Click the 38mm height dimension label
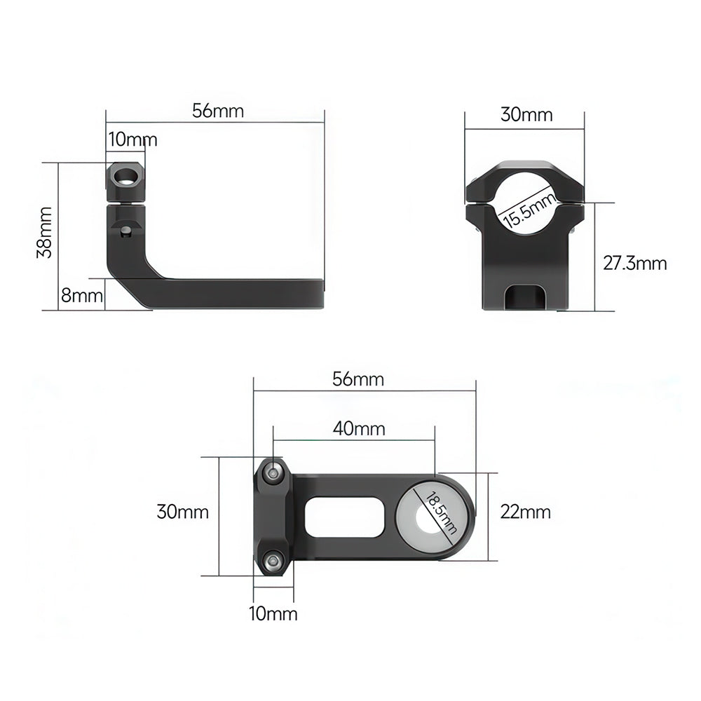coord(44,232)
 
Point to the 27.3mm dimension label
coord(634,264)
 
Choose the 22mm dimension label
coord(525,512)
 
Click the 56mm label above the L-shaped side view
coord(217,111)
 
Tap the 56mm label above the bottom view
coord(358,379)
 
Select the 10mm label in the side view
coord(132,139)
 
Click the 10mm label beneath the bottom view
coord(273,614)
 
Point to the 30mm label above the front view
coord(526,115)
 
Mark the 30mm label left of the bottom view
coord(182,512)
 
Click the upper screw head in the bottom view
coord(273,475)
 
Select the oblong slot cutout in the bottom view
coord(345,517)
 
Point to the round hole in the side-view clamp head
coord(127,176)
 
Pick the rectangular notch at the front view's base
coord(526,296)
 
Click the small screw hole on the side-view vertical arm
coord(125,230)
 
